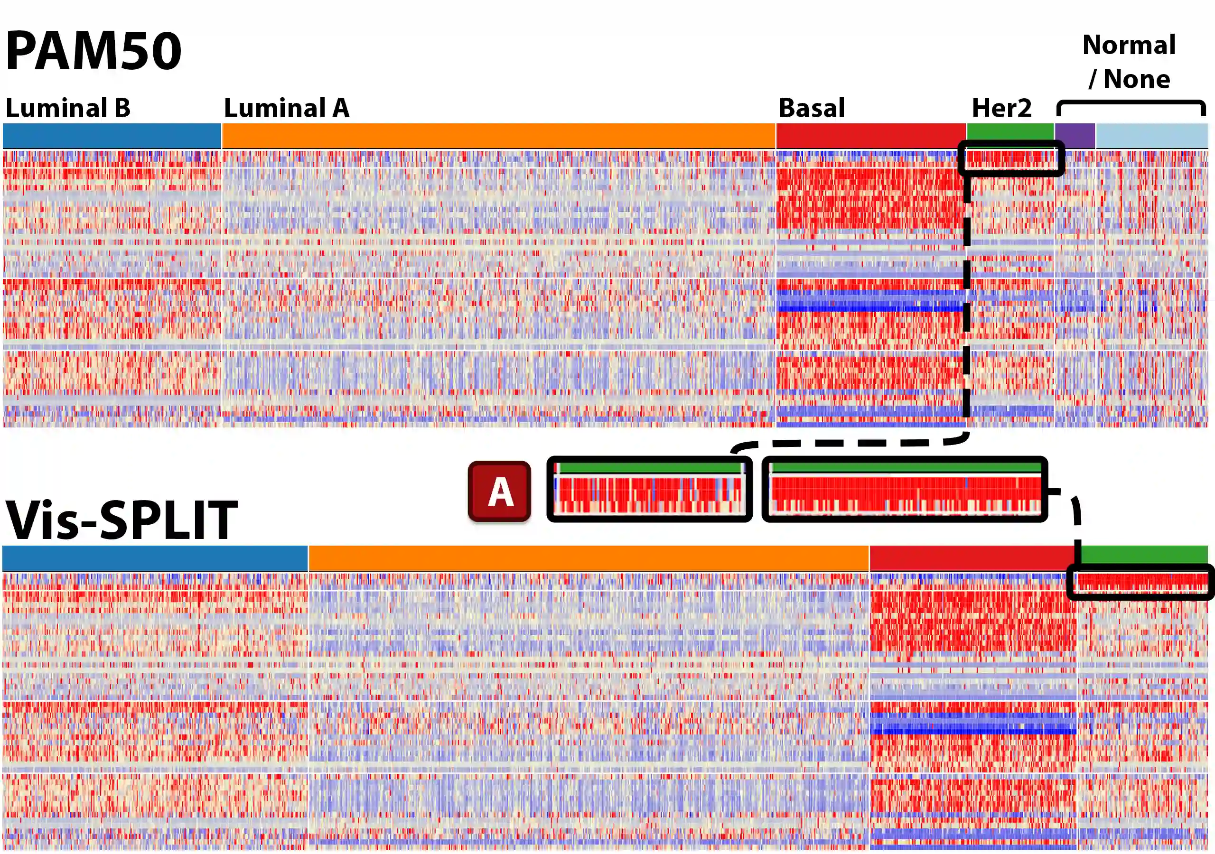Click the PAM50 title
pyautogui.click(x=93, y=51)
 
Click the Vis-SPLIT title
pyautogui.click(x=121, y=520)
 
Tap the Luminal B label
pyautogui.click(x=68, y=108)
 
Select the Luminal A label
pyautogui.click(x=286, y=108)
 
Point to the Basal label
pyautogui.click(x=812, y=108)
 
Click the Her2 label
pyautogui.click(x=1001, y=108)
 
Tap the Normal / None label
pyautogui.click(x=1129, y=61)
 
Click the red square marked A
pyautogui.click(x=499, y=491)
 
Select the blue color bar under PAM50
pyautogui.click(x=112, y=136)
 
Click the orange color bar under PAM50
pyautogui.click(x=498, y=136)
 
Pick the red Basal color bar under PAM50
pyautogui.click(x=870, y=136)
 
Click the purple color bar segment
pyautogui.click(x=1075, y=136)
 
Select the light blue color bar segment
pyautogui.click(x=1151, y=136)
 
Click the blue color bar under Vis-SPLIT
pyautogui.click(x=155, y=558)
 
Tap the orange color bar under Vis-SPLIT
pyautogui.click(x=589, y=558)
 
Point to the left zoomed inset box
pyautogui.click(x=649, y=490)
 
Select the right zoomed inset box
pyautogui.click(x=905, y=490)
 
